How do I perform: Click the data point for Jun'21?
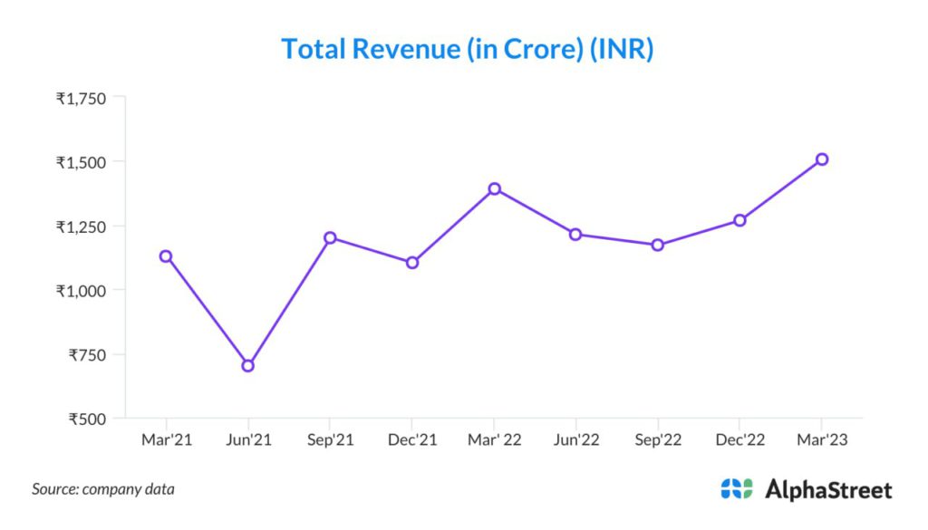[248, 366]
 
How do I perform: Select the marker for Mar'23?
[822, 159]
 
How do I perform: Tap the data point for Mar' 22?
[494, 189]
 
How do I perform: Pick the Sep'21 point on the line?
[330, 238]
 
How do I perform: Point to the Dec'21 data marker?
[412, 263]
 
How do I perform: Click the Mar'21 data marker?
[166, 256]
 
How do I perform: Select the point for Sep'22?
[658, 245]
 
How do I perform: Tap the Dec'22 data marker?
[739, 220]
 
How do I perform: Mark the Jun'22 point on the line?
[575, 235]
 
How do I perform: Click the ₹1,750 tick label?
[81, 99]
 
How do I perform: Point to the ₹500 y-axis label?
[87, 419]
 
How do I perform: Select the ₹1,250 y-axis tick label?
[81, 226]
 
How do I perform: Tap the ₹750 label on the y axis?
[87, 355]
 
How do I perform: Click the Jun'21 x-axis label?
[248, 440]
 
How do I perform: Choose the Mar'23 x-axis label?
[822, 440]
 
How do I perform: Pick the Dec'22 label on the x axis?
[739, 440]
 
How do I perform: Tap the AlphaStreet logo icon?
[737, 489]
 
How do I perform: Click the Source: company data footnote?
[103, 489]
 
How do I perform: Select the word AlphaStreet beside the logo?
[828, 490]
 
